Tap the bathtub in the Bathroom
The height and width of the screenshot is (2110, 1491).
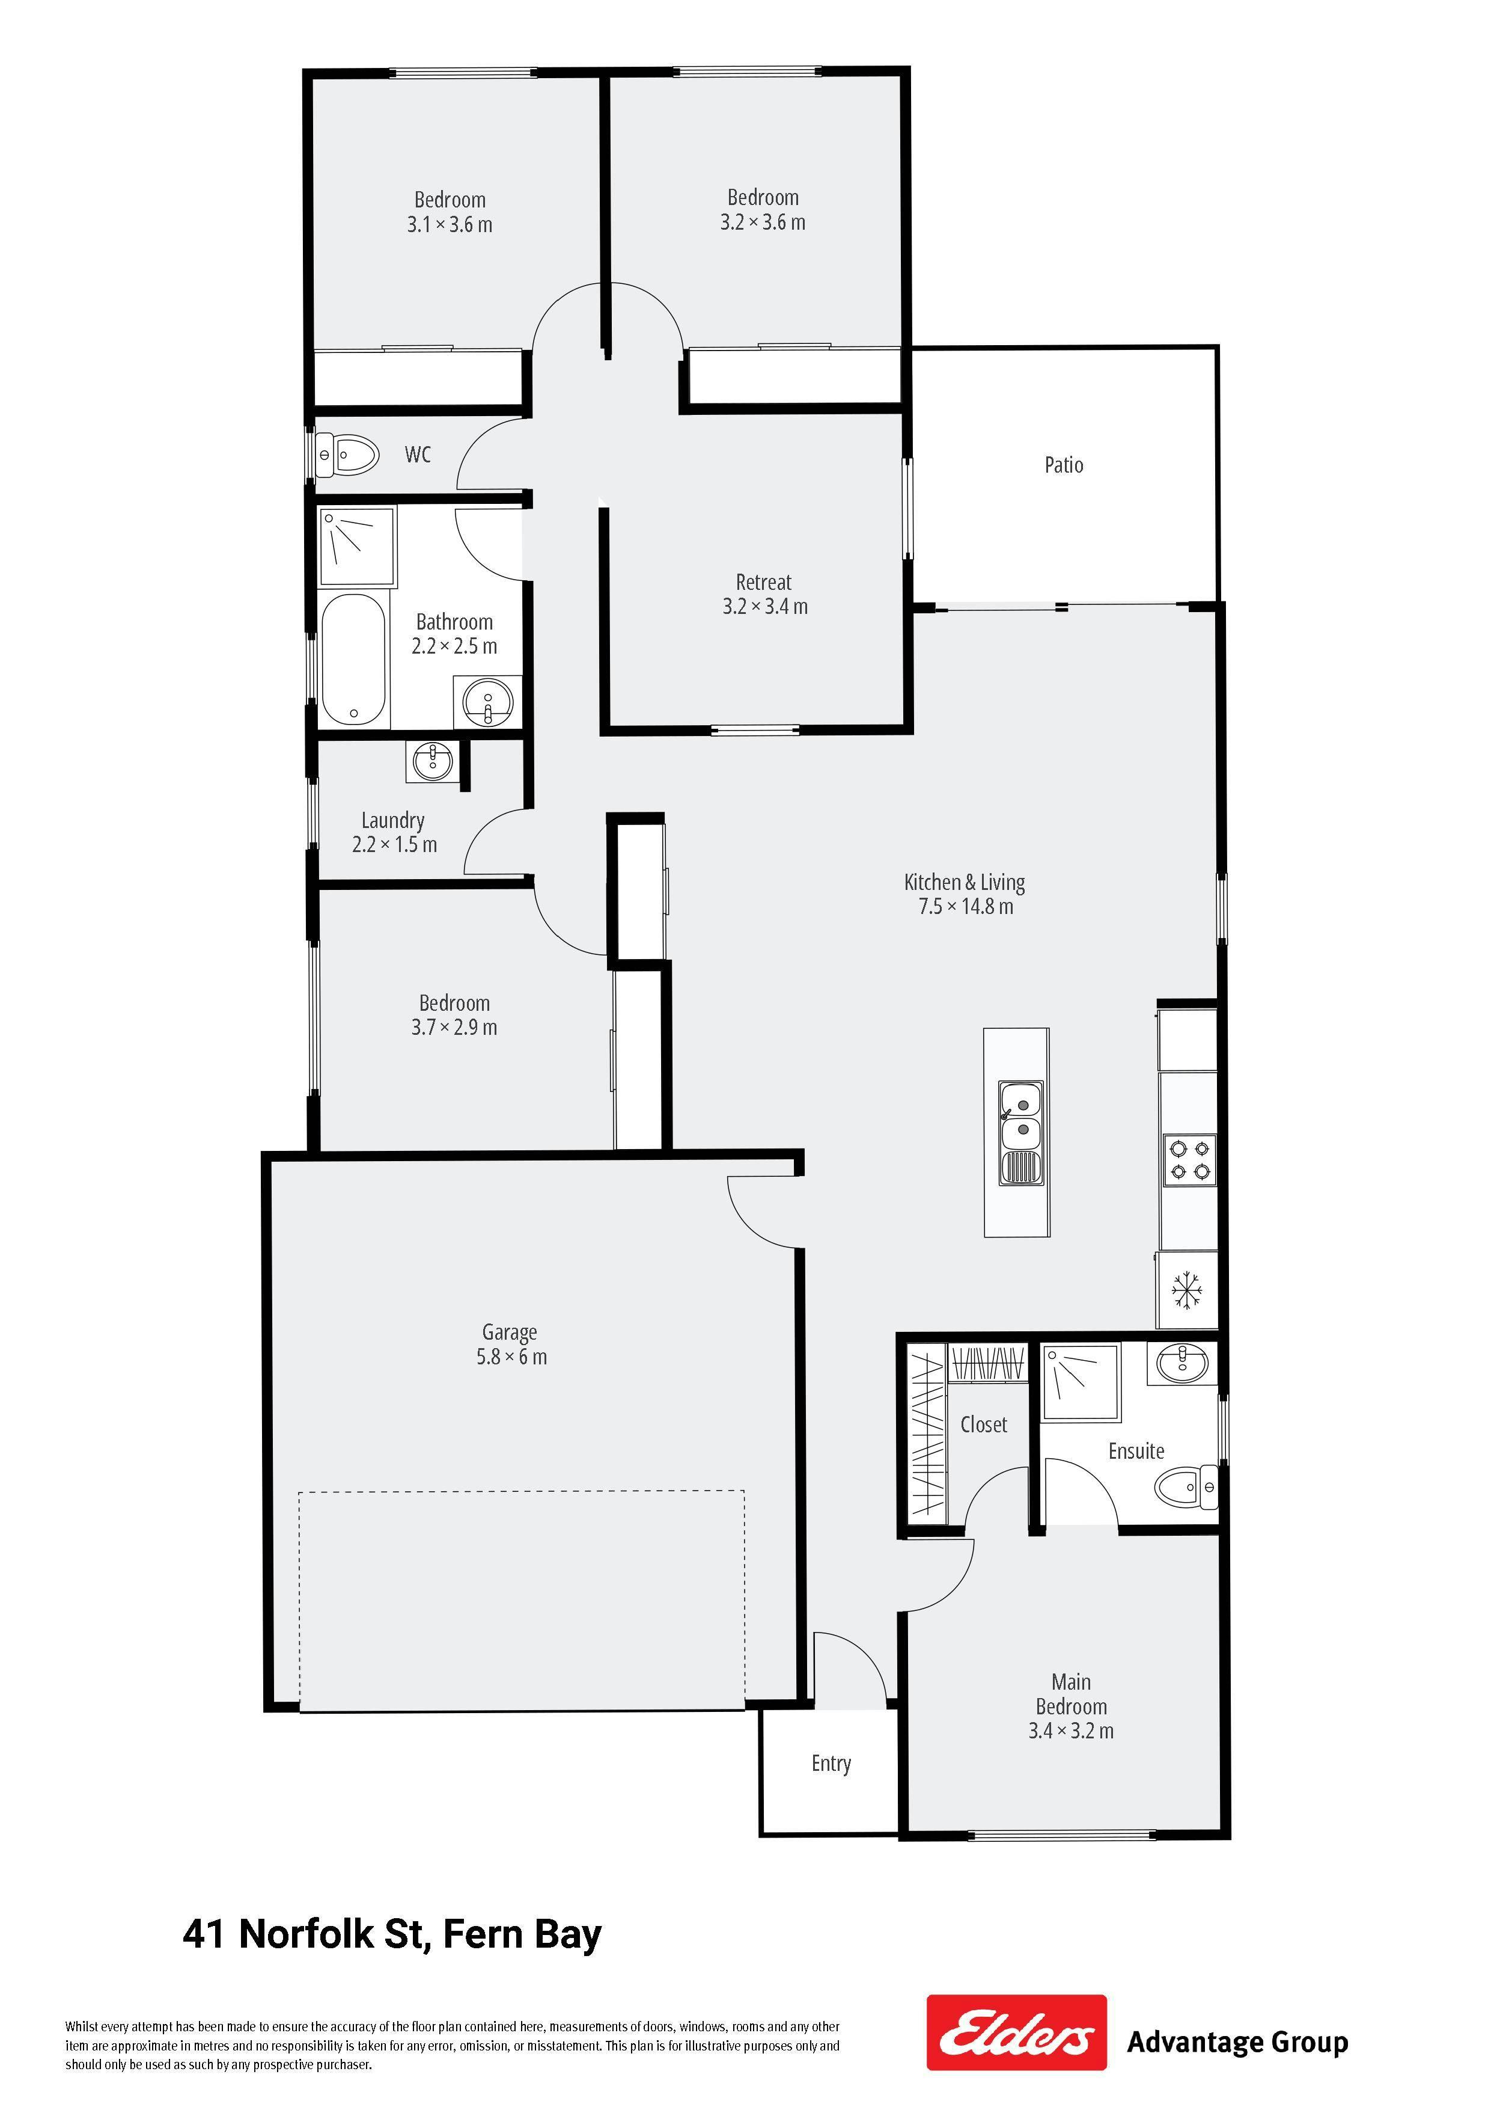(354, 660)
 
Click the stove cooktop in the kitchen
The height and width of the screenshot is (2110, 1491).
(1190, 1161)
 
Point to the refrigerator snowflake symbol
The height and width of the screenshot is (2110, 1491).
(1187, 1290)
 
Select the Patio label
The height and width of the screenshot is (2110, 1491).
(1064, 465)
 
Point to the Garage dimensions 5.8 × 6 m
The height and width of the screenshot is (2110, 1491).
(511, 1357)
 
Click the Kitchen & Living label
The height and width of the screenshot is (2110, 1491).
(965, 882)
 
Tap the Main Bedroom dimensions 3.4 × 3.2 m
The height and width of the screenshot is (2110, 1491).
(1071, 1731)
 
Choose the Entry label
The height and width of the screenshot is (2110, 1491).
(831, 1764)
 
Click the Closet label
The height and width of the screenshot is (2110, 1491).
(984, 1425)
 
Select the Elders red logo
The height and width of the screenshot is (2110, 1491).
(1016, 2032)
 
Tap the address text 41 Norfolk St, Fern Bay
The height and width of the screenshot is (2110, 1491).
(392, 1934)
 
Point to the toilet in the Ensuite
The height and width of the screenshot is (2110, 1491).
(1186, 1487)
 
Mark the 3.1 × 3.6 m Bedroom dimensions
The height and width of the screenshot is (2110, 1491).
(450, 224)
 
